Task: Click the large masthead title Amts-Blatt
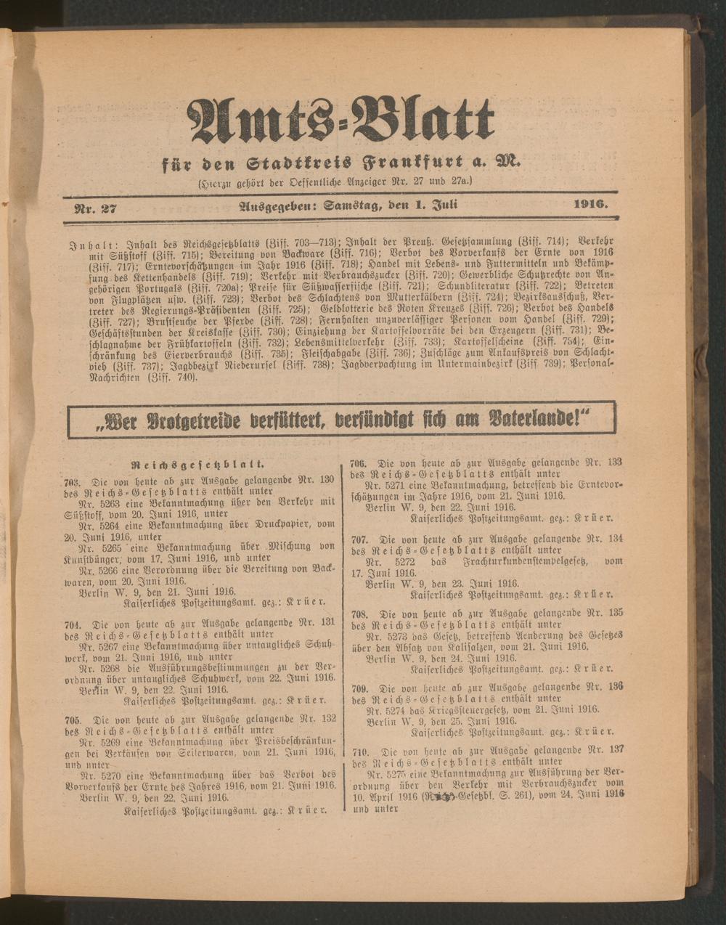(x=341, y=120)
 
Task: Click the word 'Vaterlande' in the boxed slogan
(x=537, y=420)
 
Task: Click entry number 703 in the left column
(x=72, y=481)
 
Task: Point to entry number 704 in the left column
(x=72, y=624)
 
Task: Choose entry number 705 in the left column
(x=72, y=720)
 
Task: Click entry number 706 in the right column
(x=359, y=462)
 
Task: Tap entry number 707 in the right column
(x=359, y=540)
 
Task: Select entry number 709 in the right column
(x=359, y=687)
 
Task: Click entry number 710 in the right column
(x=359, y=752)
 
